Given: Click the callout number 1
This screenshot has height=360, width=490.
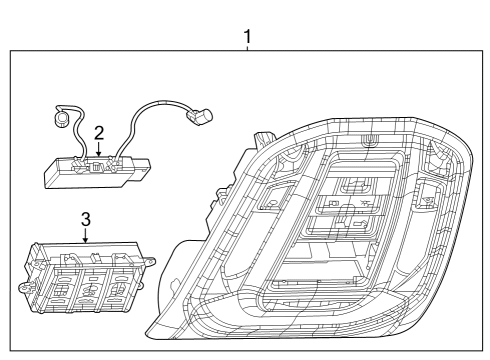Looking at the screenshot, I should (x=247, y=37).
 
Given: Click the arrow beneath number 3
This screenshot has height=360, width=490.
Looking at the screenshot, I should (x=85, y=238).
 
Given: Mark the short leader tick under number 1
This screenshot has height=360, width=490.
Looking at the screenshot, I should (x=247, y=50).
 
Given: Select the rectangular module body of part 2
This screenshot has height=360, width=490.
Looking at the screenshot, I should (x=90, y=172).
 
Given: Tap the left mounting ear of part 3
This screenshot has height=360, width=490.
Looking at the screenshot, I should (x=24, y=287).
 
